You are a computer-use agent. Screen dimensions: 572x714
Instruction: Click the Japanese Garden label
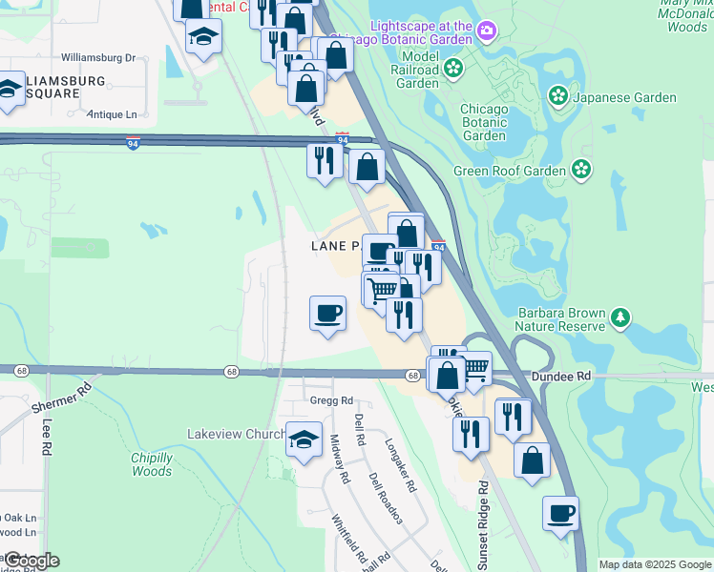[x=624, y=97]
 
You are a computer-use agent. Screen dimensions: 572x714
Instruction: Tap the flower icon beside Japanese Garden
[x=557, y=96]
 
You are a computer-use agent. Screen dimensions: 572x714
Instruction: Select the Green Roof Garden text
[x=510, y=172]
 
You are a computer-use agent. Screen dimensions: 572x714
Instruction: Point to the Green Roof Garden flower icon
[x=580, y=171]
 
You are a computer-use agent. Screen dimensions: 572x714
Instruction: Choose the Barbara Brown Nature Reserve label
[x=561, y=319]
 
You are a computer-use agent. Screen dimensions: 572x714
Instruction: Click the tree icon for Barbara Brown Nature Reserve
[x=621, y=316]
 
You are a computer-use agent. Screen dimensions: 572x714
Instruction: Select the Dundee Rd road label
[x=563, y=377]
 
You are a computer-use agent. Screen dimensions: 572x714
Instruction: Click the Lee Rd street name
[x=45, y=438]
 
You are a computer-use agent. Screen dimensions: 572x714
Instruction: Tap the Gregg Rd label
[x=329, y=401]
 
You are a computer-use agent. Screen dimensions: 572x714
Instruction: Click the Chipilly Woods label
[x=151, y=464]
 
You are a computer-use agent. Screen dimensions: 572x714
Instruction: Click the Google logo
[x=31, y=561]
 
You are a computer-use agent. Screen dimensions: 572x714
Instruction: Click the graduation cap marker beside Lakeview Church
[x=304, y=439]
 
